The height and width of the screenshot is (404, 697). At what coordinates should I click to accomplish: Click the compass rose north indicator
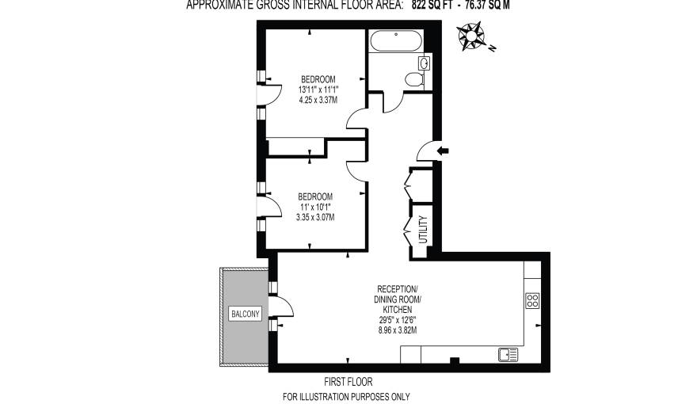point(474,36)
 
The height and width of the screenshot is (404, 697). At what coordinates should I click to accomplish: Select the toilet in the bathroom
point(413,79)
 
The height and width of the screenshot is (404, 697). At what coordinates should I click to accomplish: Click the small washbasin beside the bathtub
point(424,62)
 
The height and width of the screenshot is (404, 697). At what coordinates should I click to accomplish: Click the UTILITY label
point(422,230)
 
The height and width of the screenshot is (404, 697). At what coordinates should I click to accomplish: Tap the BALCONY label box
point(245,314)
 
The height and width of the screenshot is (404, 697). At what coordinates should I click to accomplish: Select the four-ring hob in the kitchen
point(532,300)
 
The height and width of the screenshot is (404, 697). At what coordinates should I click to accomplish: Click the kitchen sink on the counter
point(508,354)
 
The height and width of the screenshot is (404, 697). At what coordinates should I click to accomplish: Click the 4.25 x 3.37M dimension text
point(318,101)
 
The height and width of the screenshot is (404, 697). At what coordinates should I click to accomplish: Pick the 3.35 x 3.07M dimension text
point(314,217)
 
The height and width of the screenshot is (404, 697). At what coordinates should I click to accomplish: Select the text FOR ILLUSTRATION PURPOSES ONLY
point(346,397)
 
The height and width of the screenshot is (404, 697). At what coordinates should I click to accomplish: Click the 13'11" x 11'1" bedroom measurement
point(318,90)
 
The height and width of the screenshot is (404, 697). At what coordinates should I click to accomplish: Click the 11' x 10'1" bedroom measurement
point(314,207)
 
